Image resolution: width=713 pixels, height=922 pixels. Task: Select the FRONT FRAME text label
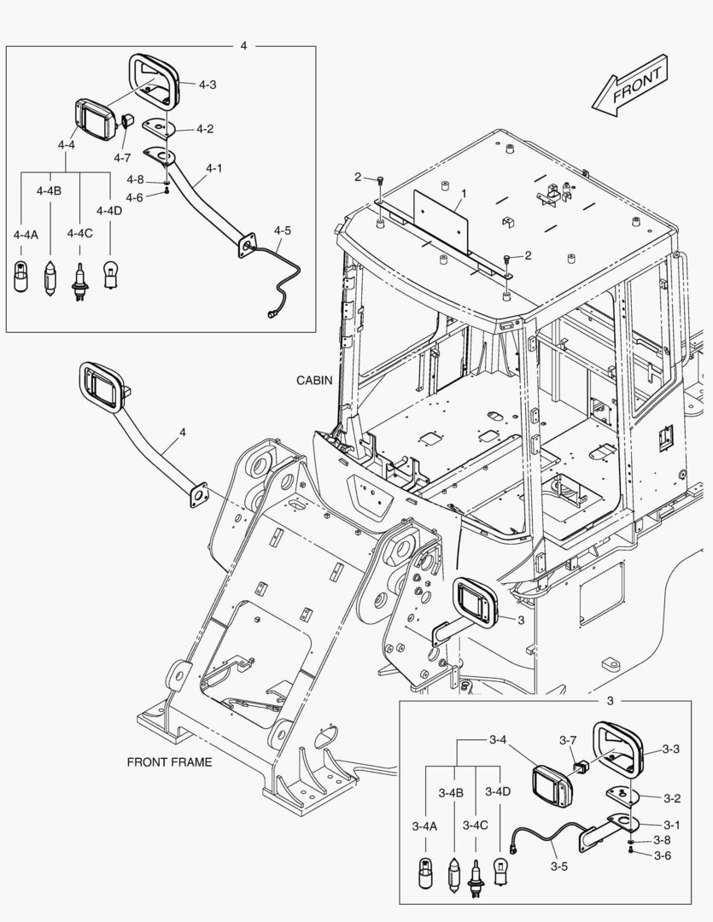(x=169, y=762)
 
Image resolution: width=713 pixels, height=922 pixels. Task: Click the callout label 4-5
(x=283, y=230)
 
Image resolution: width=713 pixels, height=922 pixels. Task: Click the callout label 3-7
(x=569, y=739)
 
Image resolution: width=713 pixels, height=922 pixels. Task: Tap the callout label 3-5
(x=559, y=867)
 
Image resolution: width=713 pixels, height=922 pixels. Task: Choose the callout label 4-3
(x=207, y=85)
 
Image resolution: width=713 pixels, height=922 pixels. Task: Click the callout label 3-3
(x=671, y=750)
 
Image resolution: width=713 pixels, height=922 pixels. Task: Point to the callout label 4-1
(x=213, y=169)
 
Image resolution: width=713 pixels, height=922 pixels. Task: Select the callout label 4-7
(x=122, y=158)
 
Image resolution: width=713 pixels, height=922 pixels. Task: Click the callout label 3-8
(x=663, y=840)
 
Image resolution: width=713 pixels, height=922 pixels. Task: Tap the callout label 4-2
(x=205, y=129)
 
